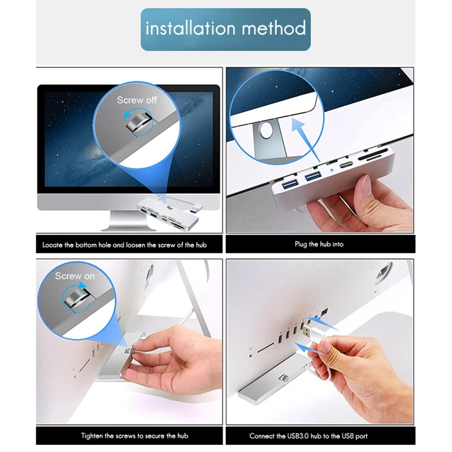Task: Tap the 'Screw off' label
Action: [137, 100]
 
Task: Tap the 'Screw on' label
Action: [75, 276]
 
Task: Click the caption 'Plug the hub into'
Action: [319, 245]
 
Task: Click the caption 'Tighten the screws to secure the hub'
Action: [134, 436]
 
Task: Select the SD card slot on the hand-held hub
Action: [379, 167]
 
